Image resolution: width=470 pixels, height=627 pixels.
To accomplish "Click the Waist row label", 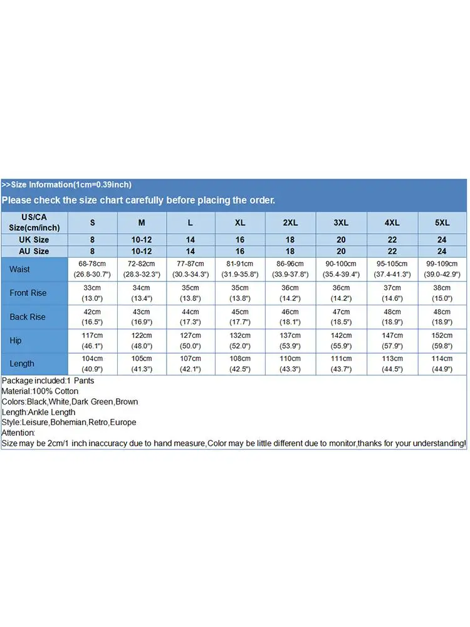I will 19,269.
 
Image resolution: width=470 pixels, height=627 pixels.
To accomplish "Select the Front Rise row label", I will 28,293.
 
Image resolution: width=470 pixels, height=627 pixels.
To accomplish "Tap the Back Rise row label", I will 28,317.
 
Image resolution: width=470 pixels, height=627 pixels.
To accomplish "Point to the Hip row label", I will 16,340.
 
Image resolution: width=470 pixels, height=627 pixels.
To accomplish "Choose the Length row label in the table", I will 22,364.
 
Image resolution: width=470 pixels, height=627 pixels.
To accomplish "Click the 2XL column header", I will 290,223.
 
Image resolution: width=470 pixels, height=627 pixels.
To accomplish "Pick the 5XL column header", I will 442,223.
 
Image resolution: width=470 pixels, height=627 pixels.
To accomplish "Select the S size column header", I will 93,223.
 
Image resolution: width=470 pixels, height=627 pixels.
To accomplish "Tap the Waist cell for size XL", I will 240,269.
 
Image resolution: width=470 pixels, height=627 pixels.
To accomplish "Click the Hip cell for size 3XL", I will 341,340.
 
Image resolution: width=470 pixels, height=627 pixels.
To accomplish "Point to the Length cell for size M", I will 142,364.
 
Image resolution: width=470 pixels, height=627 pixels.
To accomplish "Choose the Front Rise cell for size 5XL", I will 442,293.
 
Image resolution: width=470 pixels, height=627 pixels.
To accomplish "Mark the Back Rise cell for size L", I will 191,317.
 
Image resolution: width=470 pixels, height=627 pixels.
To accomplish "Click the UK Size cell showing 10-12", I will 142,240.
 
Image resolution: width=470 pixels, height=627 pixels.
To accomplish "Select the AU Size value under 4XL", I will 392,251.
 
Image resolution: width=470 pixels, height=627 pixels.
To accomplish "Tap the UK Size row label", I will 34,240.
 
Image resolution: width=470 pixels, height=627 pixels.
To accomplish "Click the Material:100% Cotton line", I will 40,391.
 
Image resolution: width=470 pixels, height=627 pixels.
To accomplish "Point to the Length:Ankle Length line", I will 39,412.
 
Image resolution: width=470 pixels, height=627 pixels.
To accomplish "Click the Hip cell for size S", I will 93,340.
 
